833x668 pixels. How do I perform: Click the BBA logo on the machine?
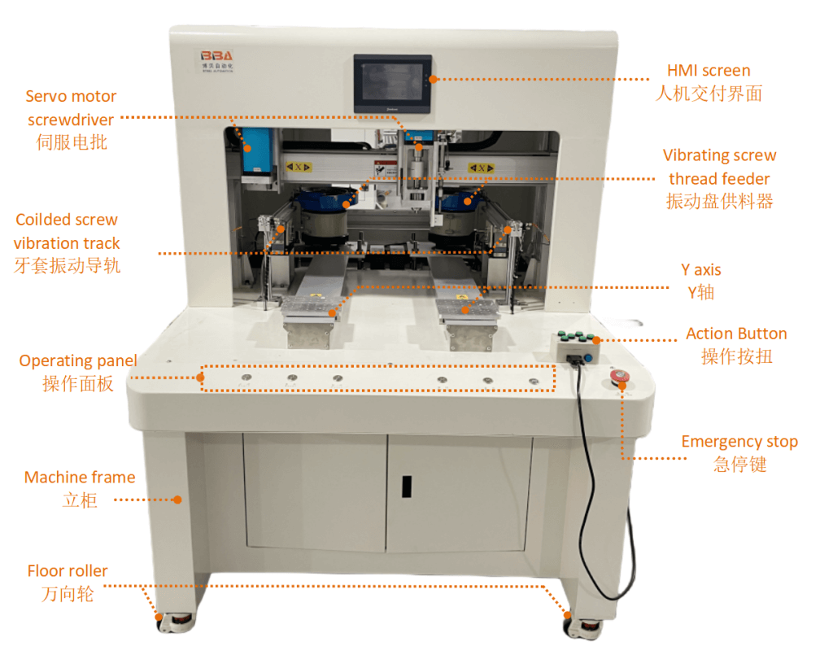pyautogui.click(x=216, y=56)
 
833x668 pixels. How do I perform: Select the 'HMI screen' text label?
pyautogui.click(x=709, y=71)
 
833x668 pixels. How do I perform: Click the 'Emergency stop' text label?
pyautogui.click(x=739, y=442)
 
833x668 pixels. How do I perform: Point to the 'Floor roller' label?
pyautogui.click(x=68, y=570)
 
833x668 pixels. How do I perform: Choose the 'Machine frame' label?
pyautogui.click(x=80, y=478)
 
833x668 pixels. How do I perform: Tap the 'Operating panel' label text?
pyautogui.click(x=78, y=360)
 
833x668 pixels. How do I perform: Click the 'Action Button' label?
pyautogui.click(x=736, y=334)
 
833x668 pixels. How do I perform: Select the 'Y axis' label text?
pyautogui.click(x=701, y=270)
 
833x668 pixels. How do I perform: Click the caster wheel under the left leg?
pyautogui.click(x=176, y=622)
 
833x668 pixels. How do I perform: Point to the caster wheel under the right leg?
pyautogui.click(x=584, y=628)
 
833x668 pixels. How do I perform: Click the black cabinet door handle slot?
pyautogui.click(x=407, y=487)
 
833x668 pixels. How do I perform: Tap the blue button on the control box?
pyautogui.click(x=588, y=358)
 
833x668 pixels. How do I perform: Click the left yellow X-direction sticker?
pyautogui.click(x=299, y=167)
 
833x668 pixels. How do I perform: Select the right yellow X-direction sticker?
pyautogui.click(x=482, y=168)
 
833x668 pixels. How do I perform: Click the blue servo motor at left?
pyautogui.click(x=257, y=151)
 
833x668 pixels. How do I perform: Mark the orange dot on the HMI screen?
pyautogui.click(x=434, y=79)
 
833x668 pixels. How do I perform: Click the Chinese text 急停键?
pyautogui.click(x=739, y=465)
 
